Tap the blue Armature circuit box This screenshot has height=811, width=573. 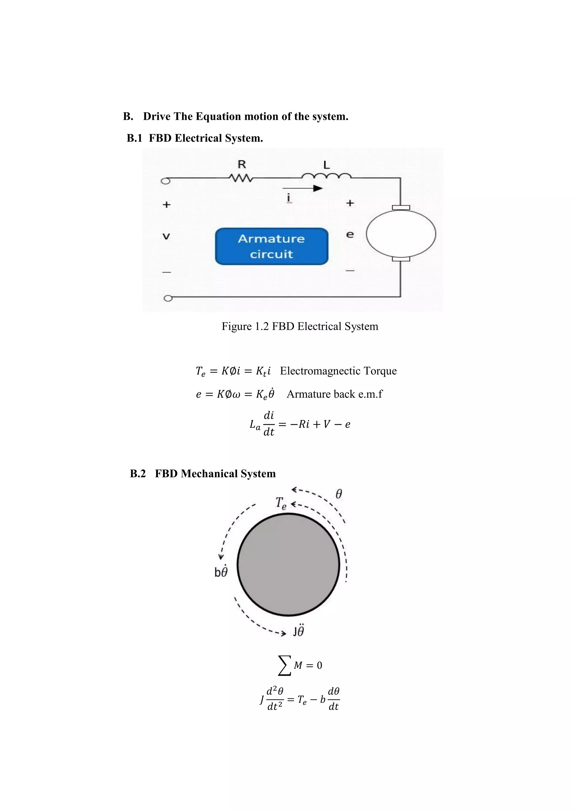271,246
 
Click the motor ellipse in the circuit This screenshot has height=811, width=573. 401,234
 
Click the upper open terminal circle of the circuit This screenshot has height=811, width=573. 165,181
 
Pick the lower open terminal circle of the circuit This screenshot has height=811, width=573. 168,299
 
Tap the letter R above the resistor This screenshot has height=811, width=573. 242,164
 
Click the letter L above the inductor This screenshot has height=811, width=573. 327,165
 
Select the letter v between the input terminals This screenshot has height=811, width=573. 166,236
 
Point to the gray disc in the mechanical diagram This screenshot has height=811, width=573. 288,565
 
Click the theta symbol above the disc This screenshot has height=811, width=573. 338,494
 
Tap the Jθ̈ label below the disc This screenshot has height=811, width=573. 298,631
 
